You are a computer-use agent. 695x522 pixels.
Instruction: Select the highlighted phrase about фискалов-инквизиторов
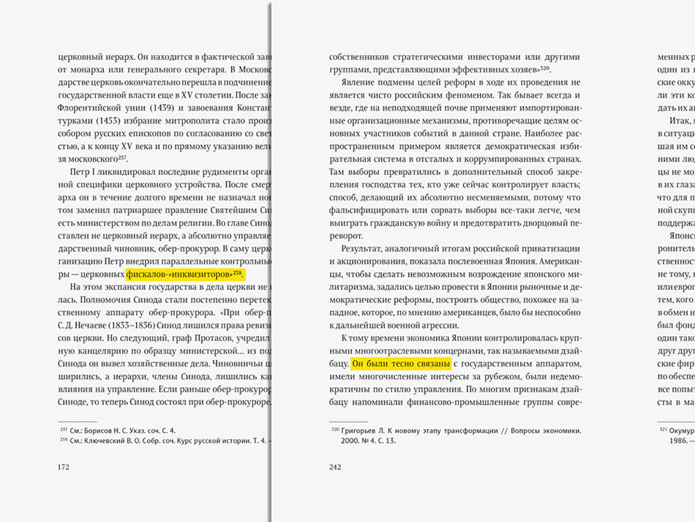184,274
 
